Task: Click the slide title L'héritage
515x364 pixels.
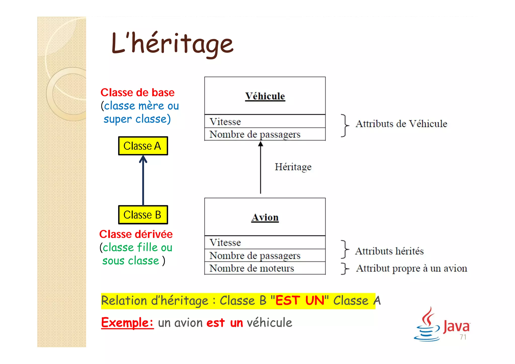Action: pyautogui.click(x=172, y=44)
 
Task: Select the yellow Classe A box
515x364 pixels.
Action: pyautogui.click(x=143, y=146)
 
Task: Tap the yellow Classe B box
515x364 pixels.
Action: pyautogui.click(x=143, y=215)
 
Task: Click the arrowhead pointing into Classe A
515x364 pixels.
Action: pyautogui.click(x=143, y=159)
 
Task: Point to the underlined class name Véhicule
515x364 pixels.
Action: pyautogui.click(x=265, y=96)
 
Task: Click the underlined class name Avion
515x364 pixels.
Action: pyautogui.click(x=265, y=217)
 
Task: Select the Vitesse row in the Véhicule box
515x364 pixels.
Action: pyautogui.click(x=265, y=122)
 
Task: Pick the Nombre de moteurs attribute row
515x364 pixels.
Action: pyautogui.click(x=265, y=268)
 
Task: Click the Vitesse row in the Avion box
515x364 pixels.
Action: pyautogui.click(x=265, y=242)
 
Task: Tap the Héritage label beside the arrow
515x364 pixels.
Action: pyautogui.click(x=293, y=167)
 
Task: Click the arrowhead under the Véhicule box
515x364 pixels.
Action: pyautogui.click(x=261, y=144)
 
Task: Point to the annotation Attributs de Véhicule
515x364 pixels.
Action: pyautogui.click(x=401, y=124)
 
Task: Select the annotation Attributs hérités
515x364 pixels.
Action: pyautogui.click(x=389, y=251)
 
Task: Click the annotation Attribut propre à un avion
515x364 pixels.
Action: pyautogui.click(x=411, y=268)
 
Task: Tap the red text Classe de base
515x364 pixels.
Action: pyautogui.click(x=137, y=93)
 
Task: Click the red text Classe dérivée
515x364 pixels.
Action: pyautogui.click(x=136, y=234)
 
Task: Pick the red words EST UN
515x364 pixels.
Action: pyautogui.click(x=300, y=300)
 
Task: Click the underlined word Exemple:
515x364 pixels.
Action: pyautogui.click(x=127, y=322)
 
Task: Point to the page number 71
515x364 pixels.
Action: pyautogui.click(x=463, y=337)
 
